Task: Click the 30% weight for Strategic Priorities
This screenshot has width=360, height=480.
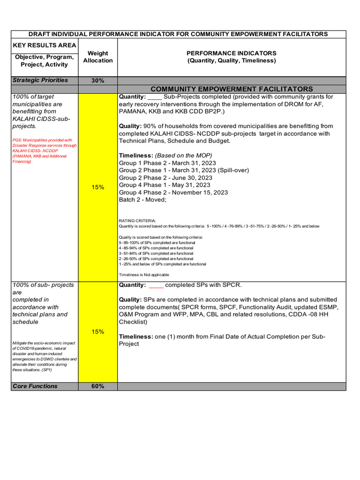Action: pos(97,81)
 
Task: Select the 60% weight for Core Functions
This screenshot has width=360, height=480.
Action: pos(97,386)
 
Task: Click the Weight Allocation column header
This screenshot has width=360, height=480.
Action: pos(97,57)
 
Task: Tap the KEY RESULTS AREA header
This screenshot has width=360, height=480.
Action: pos(44,45)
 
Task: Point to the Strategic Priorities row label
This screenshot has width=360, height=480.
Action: pos(40,80)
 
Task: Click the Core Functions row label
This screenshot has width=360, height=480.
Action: pos(35,386)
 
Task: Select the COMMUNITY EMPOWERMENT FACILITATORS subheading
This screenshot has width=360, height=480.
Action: pos(232,89)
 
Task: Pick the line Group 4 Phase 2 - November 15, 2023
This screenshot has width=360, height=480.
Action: pos(173,192)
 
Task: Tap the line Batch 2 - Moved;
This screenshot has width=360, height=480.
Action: pos(142,200)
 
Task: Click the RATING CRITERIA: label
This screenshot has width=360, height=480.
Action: pos(137,220)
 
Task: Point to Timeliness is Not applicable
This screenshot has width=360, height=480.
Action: pos(144,275)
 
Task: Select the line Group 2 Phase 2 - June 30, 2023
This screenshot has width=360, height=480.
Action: pos(165,178)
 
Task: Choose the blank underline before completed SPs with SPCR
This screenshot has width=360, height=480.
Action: pos(156,285)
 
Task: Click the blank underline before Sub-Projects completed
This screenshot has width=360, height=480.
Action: pos(155,97)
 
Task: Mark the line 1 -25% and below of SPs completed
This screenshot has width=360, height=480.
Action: pos(163,264)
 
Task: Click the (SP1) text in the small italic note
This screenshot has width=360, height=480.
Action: pos(47,370)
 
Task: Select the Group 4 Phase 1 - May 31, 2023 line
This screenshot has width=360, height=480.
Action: pos(165,185)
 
